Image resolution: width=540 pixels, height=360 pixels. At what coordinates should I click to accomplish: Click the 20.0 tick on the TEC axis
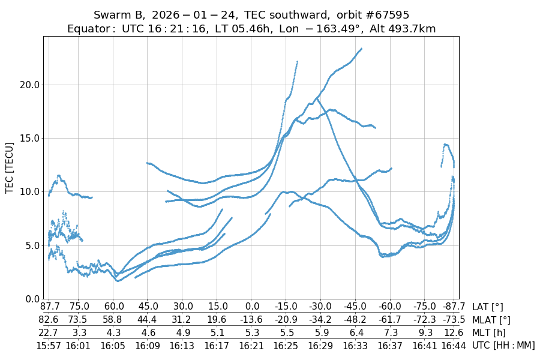[28, 85]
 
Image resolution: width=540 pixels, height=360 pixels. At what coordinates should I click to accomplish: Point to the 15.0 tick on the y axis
[28, 138]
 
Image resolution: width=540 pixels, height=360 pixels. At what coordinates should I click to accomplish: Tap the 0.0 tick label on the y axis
[31, 298]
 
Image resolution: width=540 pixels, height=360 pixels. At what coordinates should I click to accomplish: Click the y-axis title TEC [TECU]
[10, 167]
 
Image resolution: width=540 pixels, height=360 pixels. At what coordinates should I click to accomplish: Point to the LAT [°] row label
[488, 307]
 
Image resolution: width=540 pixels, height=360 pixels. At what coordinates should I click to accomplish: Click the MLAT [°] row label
[491, 320]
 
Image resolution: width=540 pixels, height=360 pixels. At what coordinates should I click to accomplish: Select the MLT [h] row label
[489, 332]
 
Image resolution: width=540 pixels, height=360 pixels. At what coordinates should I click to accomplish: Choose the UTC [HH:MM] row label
[503, 345]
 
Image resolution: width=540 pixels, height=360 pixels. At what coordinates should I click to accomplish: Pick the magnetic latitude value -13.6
[251, 320]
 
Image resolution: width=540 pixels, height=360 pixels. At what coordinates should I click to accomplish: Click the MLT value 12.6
[452, 332]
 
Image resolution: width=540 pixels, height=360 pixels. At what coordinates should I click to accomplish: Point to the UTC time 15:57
[49, 345]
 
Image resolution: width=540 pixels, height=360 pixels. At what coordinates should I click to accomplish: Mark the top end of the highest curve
[361, 49]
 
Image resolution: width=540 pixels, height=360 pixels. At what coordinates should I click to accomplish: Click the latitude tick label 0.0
[251, 307]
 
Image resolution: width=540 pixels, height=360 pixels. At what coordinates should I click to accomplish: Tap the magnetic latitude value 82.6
[49, 320]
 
